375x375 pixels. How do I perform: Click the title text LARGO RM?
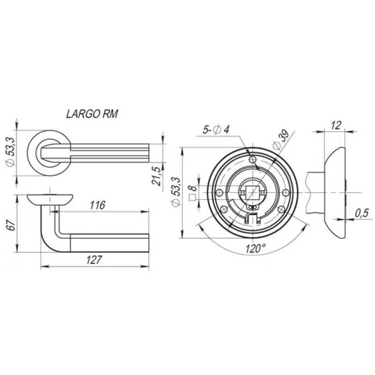92,114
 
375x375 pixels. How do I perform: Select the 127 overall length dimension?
94,260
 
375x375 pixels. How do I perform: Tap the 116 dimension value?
97,205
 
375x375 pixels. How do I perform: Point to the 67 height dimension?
11,225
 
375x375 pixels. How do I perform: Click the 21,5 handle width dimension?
157,176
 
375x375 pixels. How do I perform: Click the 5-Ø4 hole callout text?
216,130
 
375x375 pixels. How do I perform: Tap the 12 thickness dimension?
336,125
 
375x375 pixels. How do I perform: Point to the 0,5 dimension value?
362,213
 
